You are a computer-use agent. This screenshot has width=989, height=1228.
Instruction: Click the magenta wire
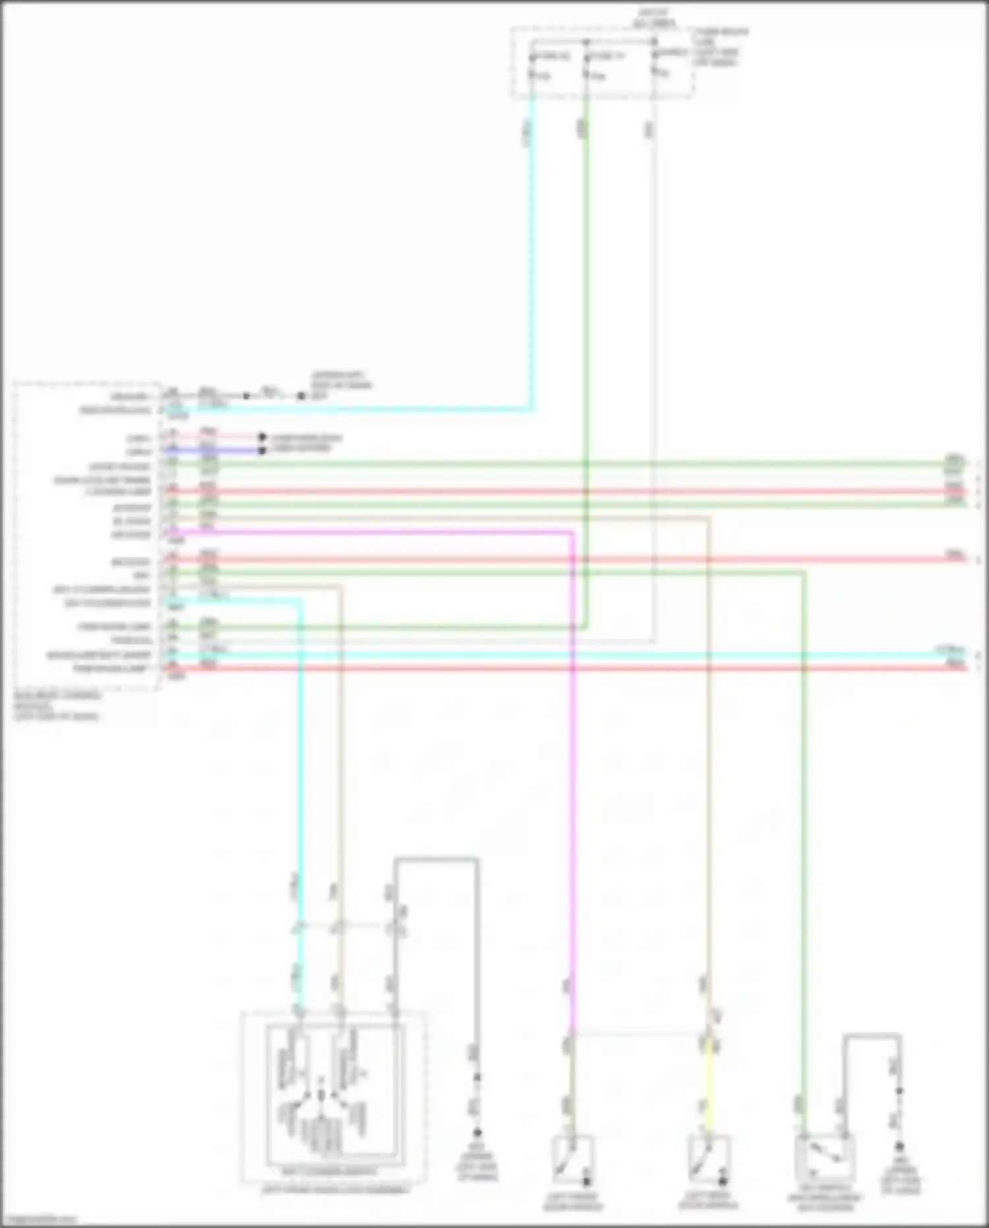point(571,792)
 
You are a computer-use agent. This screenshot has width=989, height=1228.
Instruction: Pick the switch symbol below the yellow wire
point(707,1159)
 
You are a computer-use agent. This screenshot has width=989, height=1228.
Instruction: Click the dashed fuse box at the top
point(601,63)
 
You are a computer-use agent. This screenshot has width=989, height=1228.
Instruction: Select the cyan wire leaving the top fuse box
point(531,264)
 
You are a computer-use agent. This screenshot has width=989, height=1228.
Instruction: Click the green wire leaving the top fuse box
point(585,264)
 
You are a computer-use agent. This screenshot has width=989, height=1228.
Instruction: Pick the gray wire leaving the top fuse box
point(653,264)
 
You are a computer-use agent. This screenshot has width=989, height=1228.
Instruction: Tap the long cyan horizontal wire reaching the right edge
point(593,655)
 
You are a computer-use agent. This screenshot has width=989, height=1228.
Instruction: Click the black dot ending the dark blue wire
point(262,451)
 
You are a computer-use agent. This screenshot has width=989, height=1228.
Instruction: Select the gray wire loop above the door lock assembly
point(436,859)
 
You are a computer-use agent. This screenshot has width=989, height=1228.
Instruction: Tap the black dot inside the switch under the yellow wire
point(723,1180)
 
